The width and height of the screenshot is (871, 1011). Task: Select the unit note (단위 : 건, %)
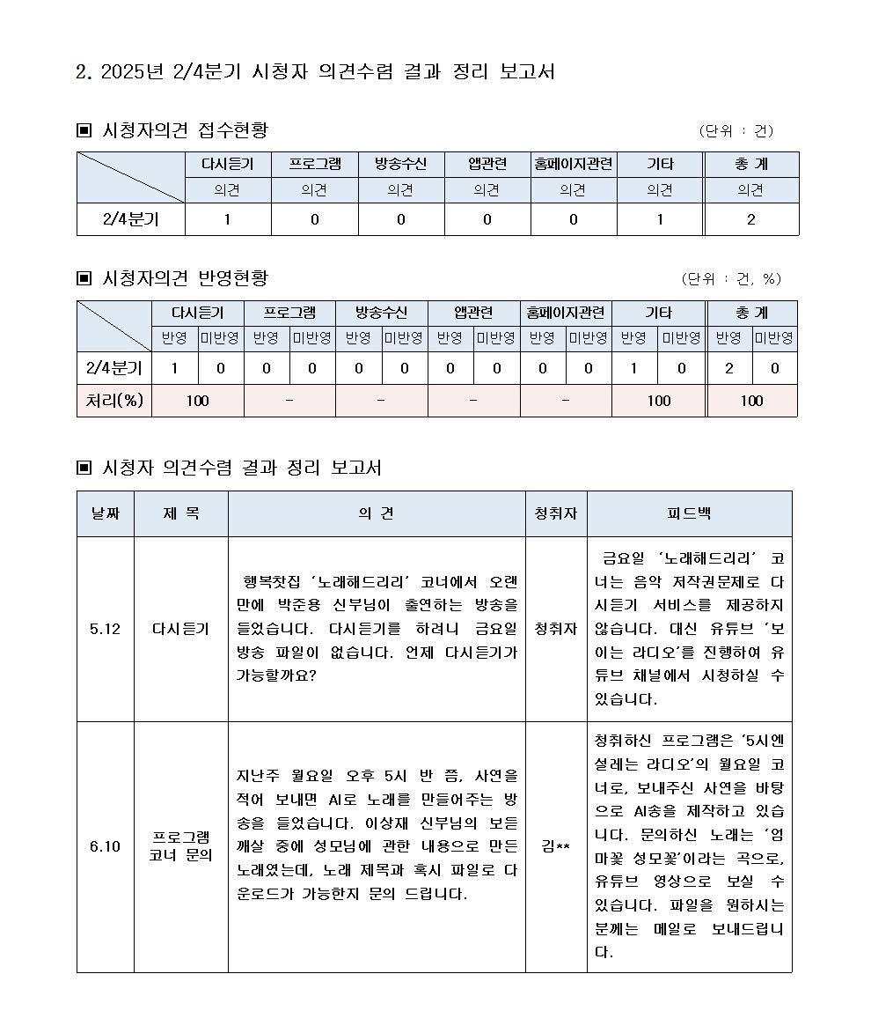pyautogui.click(x=731, y=279)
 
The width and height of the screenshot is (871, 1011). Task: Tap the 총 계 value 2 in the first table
pyautogui.click(x=750, y=220)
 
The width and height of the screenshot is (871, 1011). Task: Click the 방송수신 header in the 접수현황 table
pyautogui.click(x=400, y=165)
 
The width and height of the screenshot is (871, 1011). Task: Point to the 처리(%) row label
pyautogui.click(x=113, y=401)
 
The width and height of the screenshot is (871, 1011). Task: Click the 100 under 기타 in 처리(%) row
pyautogui.click(x=658, y=401)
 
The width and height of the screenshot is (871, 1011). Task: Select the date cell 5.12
pyautogui.click(x=105, y=629)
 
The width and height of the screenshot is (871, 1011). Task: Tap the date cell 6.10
pyautogui.click(x=105, y=847)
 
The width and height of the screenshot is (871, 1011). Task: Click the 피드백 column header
pyautogui.click(x=689, y=513)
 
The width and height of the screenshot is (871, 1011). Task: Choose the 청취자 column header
pyautogui.click(x=556, y=513)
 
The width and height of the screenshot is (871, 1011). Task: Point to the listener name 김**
pyautogui.click(x=556, y=847)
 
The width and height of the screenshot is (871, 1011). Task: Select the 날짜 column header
pyautogui.click(x=105, y=513)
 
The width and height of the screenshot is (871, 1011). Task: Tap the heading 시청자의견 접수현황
pyautogui.click(x=185, y=130)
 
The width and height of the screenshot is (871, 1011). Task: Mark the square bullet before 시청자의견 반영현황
pyautogui.click(x=84, y=279)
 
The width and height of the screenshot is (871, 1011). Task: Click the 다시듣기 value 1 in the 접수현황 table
pyautogui.click(x=227, y=220)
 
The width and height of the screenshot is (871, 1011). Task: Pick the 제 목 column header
pyautogui.click(x=180, y=513)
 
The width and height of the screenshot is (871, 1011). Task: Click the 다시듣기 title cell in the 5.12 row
pyautogui.click(x=180, y=629)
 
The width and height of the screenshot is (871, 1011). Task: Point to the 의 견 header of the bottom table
pyautogui.click(x=376, y=513)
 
